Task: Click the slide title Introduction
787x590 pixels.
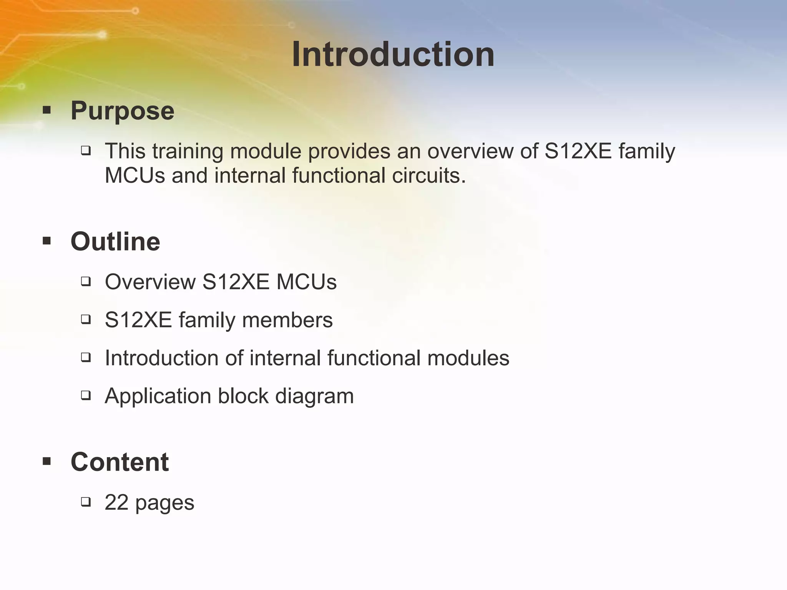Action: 393,55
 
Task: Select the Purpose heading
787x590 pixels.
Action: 122,111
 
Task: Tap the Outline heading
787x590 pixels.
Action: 115,242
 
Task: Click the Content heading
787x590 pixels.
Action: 120,462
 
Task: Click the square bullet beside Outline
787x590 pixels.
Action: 47,242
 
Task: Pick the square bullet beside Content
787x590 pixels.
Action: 47,461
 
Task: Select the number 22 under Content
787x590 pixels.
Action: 116,502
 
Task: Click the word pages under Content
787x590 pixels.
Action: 164,503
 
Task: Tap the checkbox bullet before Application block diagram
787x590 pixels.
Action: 86,395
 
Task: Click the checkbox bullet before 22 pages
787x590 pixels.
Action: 86,501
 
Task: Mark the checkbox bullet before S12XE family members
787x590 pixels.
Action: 86,319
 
